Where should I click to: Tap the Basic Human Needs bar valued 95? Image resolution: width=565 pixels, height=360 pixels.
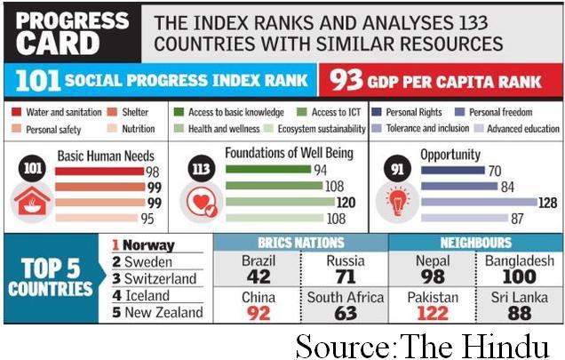coord(99,218)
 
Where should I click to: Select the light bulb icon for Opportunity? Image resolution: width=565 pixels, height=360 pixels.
coord(397,202)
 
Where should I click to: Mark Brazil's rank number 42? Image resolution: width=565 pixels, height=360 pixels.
coord(258,276)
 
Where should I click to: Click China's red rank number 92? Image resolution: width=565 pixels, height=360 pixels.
coord(258,313)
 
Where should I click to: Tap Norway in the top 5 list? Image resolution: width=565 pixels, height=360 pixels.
coord(147,245)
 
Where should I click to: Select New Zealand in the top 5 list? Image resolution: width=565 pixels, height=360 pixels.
coord(163,312)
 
